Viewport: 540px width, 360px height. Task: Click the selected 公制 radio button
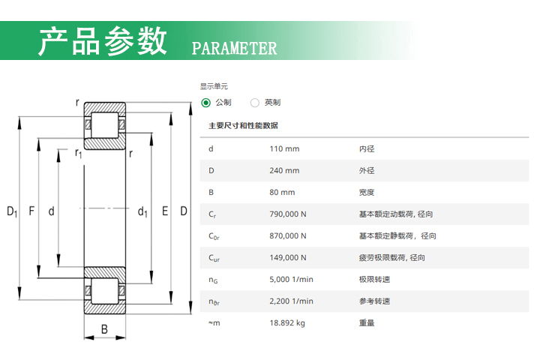pos(206,103)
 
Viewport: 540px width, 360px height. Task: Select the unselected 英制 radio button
pos(255,103)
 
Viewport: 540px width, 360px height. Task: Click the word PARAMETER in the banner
pos(234,49)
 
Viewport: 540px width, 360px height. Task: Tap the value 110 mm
pos(284,148)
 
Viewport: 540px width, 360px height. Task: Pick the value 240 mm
pos(284,170)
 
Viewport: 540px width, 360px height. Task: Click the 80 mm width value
pos(282,192)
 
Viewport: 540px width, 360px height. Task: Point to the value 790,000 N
pos(288,214)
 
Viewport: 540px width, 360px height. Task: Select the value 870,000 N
pos(288,235)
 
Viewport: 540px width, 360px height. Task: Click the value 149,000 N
pos(288,257)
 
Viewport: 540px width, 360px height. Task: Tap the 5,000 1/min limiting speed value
pos(291,280)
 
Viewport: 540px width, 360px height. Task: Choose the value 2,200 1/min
pos(291,301)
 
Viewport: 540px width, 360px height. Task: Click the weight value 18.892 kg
pos(287,322)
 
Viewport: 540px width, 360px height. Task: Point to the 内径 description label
pos(367,148)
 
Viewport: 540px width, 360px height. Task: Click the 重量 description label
pos(367,322)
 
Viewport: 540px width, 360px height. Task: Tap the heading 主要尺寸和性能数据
pos(243,125)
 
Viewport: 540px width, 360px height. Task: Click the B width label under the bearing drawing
pos(104,329)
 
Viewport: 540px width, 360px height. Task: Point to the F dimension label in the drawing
pos(31,211)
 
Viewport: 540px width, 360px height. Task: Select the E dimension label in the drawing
pos(165,211)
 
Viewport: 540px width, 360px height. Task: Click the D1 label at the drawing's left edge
pos(12,211)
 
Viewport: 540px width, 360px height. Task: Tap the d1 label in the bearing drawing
pos(142,211)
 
